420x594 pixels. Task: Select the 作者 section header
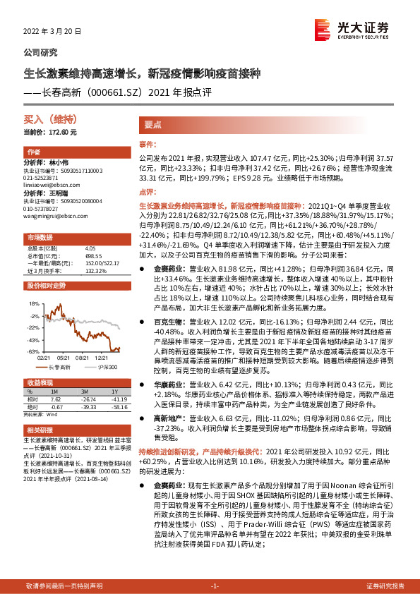pyautogui.click(x=33, y=152)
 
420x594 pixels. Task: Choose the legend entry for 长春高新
pyautogui.click(x=56, y=368)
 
